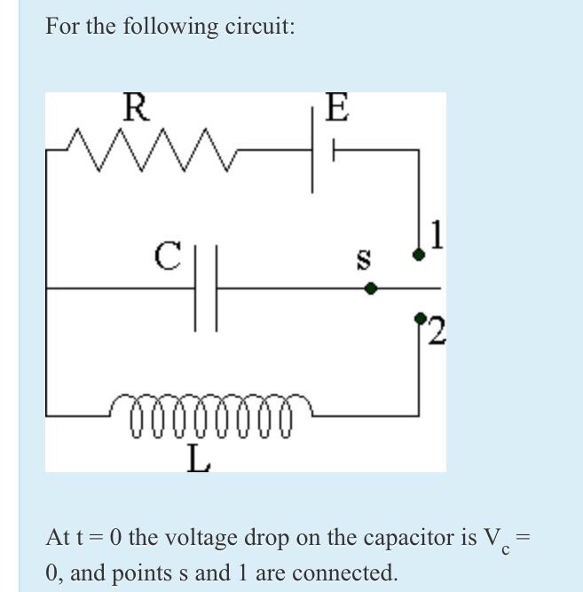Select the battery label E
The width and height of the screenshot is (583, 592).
(336, 108)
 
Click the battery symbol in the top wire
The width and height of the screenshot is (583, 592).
(321, 150)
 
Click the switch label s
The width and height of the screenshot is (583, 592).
(362, 260)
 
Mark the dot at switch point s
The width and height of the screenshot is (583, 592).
(372, 288)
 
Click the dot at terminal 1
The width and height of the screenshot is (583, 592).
(419, 255)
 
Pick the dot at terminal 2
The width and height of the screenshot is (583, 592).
(419, 316)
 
